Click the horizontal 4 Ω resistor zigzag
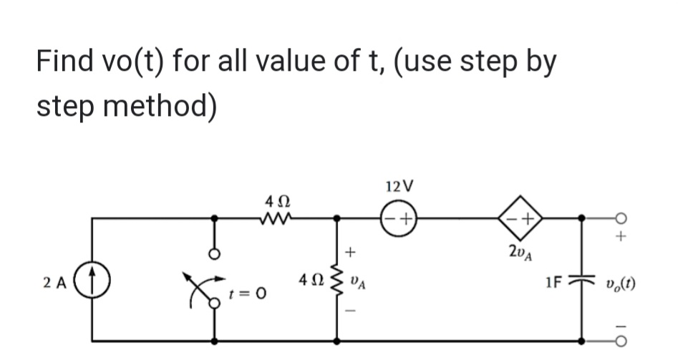click(x=274, y=216)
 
